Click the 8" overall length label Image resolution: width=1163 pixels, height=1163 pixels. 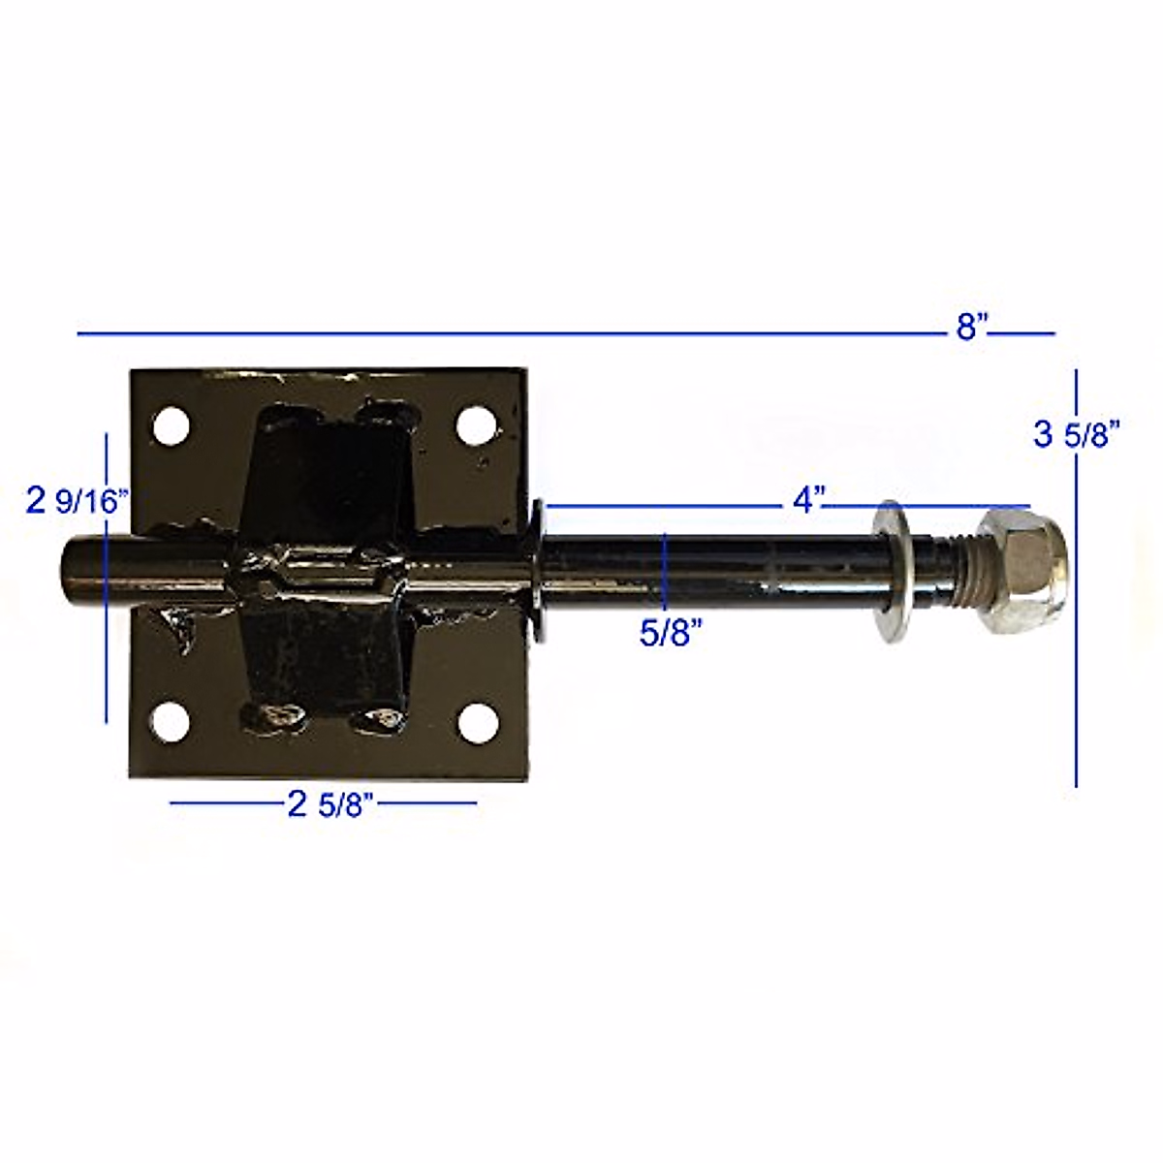coord(971,328)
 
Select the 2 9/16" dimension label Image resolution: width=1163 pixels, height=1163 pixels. coord(79,501)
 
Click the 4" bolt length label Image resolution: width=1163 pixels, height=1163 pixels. coord(807,500)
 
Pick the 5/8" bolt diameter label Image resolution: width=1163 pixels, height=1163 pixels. coord(671,634)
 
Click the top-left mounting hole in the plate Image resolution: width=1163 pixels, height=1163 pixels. coord(172,426)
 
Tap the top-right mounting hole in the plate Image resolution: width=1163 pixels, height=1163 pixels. coord(475,426)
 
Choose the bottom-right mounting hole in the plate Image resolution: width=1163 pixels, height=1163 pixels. coord(477,723)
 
